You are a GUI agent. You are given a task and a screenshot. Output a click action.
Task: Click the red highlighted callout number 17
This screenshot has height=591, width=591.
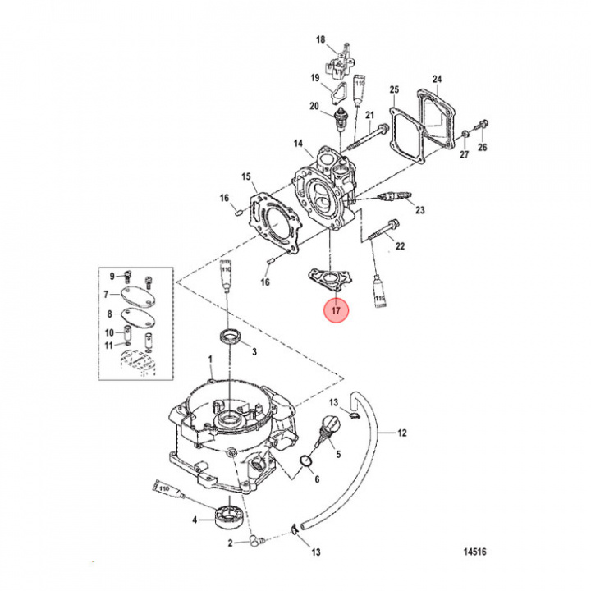pyautogui.click(x=335, y=311)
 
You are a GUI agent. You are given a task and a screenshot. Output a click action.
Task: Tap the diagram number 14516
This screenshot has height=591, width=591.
pyautogui.click(x=474, y=552)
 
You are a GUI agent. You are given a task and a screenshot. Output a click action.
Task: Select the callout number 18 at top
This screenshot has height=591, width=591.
pyautogui.click(x=321, y=39)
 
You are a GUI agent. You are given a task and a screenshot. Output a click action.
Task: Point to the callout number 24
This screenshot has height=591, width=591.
pyautogui.click(x=438, y=80)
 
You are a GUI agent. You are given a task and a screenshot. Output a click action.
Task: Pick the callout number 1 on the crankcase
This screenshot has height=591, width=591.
pyautogui.click(x=210, y=360)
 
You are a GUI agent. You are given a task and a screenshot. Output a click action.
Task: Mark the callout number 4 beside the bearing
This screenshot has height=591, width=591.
pyautogui.click(x=195, y=520)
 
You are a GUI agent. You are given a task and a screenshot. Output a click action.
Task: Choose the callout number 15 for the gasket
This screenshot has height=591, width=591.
pyautogui.click(x=245, y=176)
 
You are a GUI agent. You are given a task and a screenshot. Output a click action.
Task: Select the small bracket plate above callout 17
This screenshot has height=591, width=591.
pyautogui.click(x=328, y=279)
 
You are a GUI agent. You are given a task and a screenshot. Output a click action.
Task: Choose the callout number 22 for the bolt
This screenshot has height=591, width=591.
pyautogui.click(x=401, y=246)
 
